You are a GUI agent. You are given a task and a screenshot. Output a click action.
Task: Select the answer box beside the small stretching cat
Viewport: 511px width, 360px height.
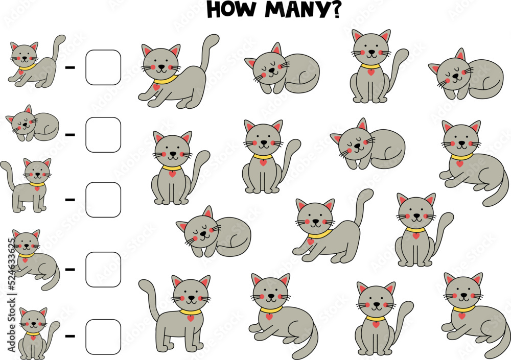tap(103, 67)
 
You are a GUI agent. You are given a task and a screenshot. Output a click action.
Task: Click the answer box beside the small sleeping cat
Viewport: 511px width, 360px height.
tap(103, 135)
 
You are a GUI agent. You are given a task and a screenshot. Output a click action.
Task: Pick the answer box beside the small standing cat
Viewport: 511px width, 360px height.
tap(103, 200)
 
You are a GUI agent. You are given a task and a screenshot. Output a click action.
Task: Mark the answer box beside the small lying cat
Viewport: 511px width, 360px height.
tap(103, 269)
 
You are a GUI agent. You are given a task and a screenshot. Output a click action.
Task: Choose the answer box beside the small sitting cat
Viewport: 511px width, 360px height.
tap(103, 336)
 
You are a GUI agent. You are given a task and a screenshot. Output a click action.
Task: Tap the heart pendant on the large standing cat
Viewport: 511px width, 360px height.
tap(191, 318)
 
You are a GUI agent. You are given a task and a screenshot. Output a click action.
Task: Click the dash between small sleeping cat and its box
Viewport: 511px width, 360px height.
tap(70, 135)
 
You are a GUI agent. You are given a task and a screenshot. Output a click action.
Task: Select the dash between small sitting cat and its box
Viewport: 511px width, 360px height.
tap(70, 336)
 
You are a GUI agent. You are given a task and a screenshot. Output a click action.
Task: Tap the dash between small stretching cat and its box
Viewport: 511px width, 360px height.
tap(70, 67)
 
